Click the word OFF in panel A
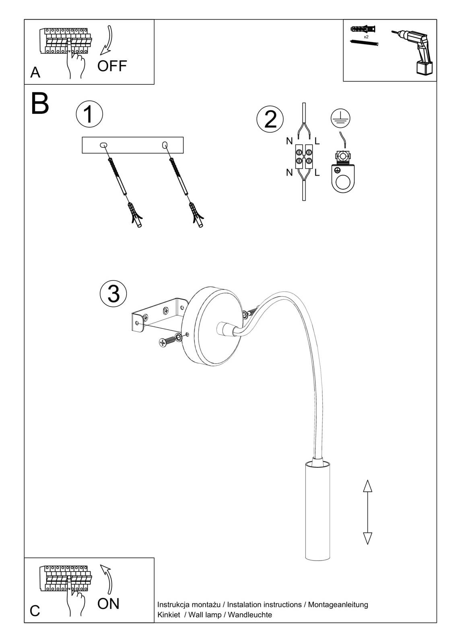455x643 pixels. [112, 66]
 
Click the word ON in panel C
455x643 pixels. [108, 603]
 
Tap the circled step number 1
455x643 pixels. [89, 114]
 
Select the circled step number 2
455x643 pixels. [270, 119]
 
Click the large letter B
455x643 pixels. [40, 104]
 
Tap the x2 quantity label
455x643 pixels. [366, 37]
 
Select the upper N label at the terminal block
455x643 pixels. [289, 141]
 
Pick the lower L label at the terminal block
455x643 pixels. [317, 173]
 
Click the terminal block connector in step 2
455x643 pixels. [304, 156]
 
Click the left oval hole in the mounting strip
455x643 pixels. [103, 145]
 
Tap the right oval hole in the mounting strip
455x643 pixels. [165, 145]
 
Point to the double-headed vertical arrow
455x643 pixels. [367, 512]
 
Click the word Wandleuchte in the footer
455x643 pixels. [250, 615]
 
